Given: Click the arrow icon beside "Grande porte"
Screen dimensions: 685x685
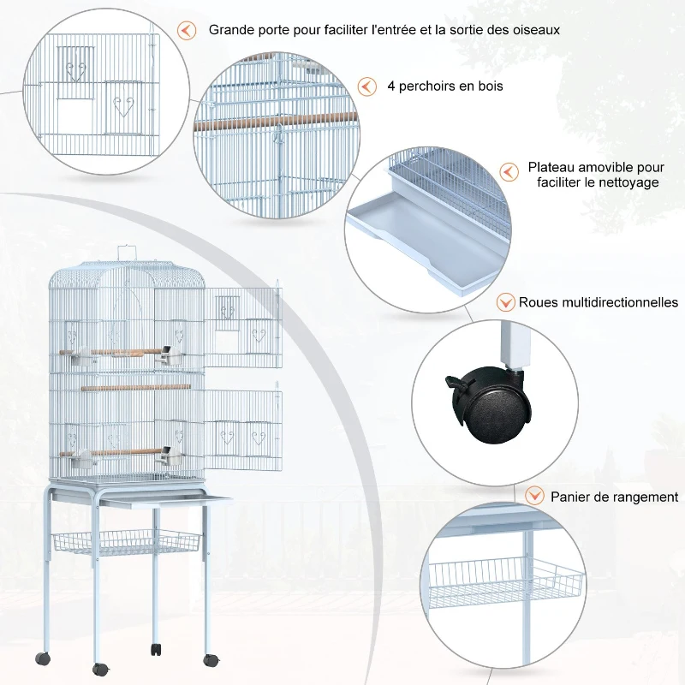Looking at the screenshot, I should tap(186, 30).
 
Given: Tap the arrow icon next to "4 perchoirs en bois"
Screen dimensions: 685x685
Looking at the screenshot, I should tap(367, 86).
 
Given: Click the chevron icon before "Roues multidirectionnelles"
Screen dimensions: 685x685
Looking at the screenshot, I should tap(505, 302).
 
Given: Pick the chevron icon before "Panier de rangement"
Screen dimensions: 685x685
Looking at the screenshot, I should tap(534, 496).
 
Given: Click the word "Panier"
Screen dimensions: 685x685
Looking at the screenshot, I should tap(572, 497).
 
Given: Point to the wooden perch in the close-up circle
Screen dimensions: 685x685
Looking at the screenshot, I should tap(274, 122).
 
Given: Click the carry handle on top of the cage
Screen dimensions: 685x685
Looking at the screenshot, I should tap(127, 251).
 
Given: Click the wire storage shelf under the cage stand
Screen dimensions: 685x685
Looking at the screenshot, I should tap(126, 543).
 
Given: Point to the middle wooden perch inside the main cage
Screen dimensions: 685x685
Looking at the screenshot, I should tap(124, 387).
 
